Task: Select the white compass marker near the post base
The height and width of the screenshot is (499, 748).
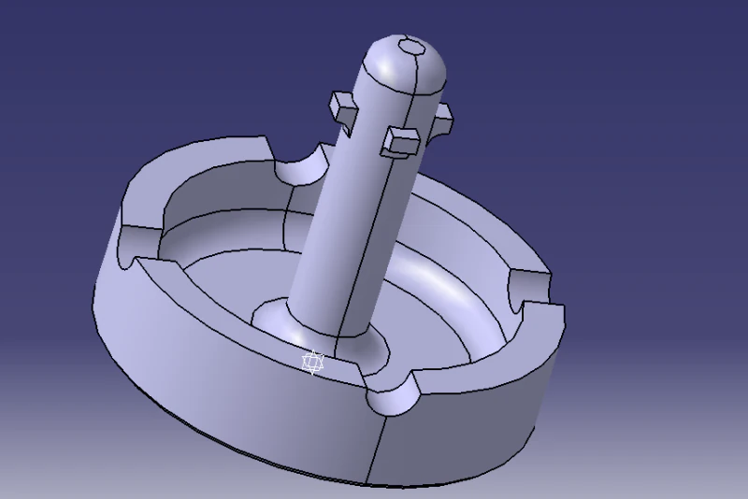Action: point(314,363)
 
